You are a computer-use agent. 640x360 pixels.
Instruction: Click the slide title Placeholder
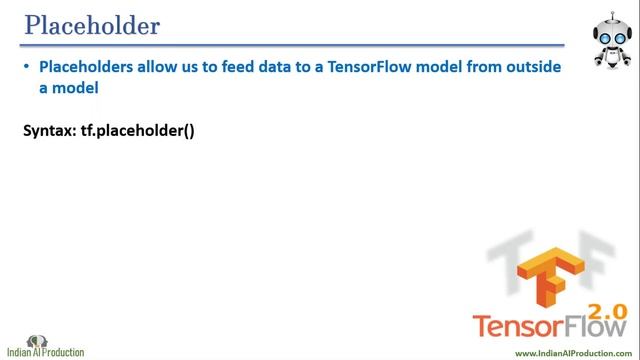point(91,25)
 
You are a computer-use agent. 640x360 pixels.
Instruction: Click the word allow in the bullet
point(164,67)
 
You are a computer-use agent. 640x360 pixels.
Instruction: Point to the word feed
point(248,67)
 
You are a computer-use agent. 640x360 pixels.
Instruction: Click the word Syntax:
point(49,130)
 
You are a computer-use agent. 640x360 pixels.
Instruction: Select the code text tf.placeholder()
point(137,130)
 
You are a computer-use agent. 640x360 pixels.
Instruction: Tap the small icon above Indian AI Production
point(38,340)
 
